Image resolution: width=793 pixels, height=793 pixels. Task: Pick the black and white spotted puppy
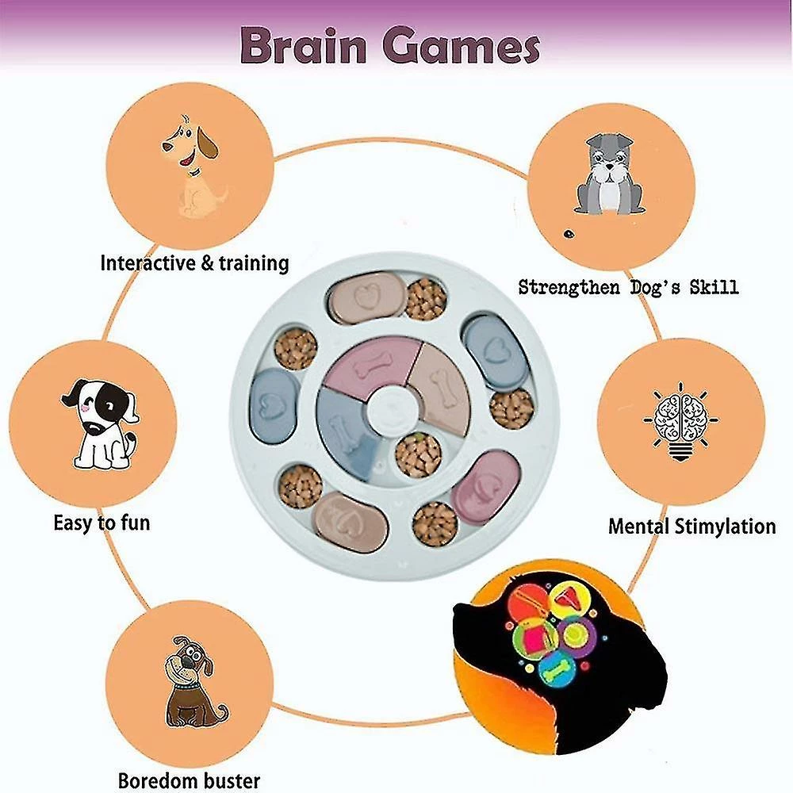pyautogui.click(x=99, y=423)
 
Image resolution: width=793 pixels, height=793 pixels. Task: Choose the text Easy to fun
pyautogui.click(x=102, y=523)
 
